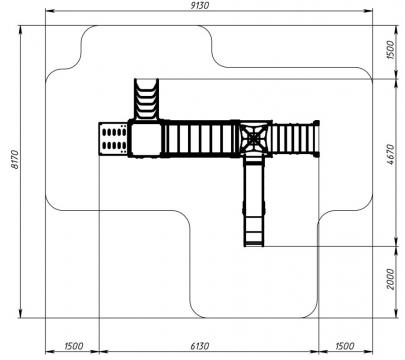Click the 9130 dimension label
point(200,5)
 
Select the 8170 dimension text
point(15,159)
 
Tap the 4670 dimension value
point(391,155)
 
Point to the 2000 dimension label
point(391,279)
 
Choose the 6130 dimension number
point(200,346)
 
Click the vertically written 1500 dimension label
point(391,50)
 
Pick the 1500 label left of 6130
point(74,346)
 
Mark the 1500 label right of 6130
point(345,346)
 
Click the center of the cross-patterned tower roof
point(254,138)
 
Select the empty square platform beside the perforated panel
point(145,139)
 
